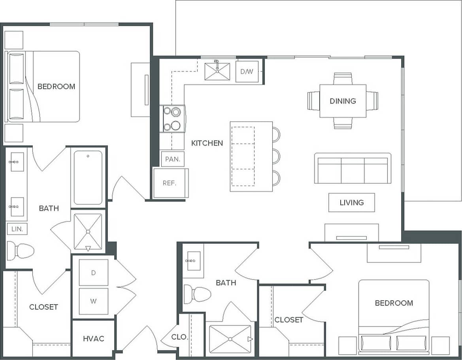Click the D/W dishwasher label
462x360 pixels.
tap(247, 72)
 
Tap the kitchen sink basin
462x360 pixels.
tap(217, 72)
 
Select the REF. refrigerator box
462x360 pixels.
tap(170, 183)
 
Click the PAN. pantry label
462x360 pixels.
tap(173, 159)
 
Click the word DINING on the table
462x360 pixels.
tap(343, 101)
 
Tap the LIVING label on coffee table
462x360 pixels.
tap(351, 203)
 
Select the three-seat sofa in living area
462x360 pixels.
tap(353, 169)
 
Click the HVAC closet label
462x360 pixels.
tap(94, 339)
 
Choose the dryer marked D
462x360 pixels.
tap(94, 273)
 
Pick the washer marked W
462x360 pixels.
tap(94, 301)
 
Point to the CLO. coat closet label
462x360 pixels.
tap(179, 337)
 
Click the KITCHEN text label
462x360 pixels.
tap(207, 143)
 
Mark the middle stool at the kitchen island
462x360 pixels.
tap(276, 156)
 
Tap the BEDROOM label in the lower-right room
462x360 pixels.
tap(394, 303)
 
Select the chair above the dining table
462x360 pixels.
tap(342, 78)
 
